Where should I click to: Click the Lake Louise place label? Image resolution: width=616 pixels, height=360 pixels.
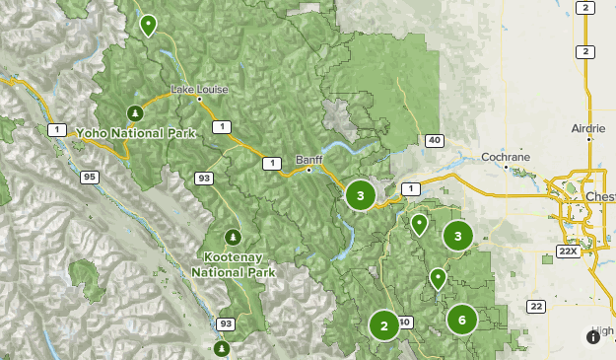(199, 90)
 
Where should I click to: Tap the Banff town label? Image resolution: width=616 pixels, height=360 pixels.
(308, 159)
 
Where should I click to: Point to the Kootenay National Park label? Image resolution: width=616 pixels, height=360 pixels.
(232, 263)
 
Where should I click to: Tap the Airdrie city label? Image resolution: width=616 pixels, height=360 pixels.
(589, 129)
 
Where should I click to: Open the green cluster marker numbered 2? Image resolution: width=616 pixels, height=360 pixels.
(383, 324)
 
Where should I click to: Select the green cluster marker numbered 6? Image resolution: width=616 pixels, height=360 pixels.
(461, 319)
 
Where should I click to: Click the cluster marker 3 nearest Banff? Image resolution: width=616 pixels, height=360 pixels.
(361, 195)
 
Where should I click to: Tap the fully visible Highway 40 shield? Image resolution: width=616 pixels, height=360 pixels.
(434, 141)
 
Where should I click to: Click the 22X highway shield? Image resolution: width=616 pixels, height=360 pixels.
(567, 252)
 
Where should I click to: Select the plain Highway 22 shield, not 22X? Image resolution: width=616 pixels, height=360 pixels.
(535, 306)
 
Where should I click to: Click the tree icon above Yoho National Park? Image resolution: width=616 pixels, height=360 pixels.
(135, 111)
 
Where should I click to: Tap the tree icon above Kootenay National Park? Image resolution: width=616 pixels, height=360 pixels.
(233, 237)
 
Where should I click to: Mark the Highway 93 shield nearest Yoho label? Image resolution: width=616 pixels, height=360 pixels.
(204, 178)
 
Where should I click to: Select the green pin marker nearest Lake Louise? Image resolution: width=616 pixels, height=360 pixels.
(149, 24)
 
